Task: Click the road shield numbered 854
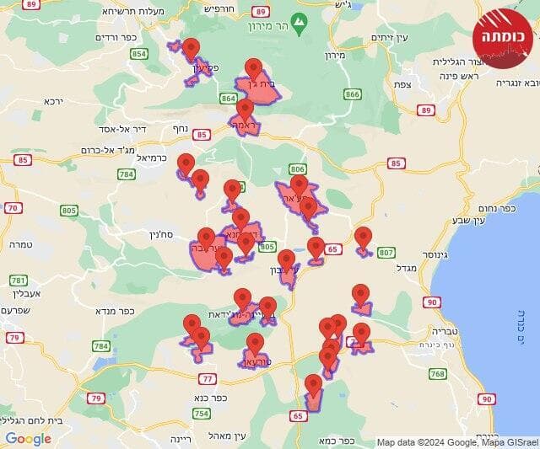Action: point(139,54)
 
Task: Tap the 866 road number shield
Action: point(352,94)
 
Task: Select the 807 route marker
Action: point(386,252)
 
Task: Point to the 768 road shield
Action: point(437,373)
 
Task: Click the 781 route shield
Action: point(18,280)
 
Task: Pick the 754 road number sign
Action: point(201,413)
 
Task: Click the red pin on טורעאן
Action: point(255,344)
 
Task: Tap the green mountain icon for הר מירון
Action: point(298,19)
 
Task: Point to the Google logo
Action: point(29,438)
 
